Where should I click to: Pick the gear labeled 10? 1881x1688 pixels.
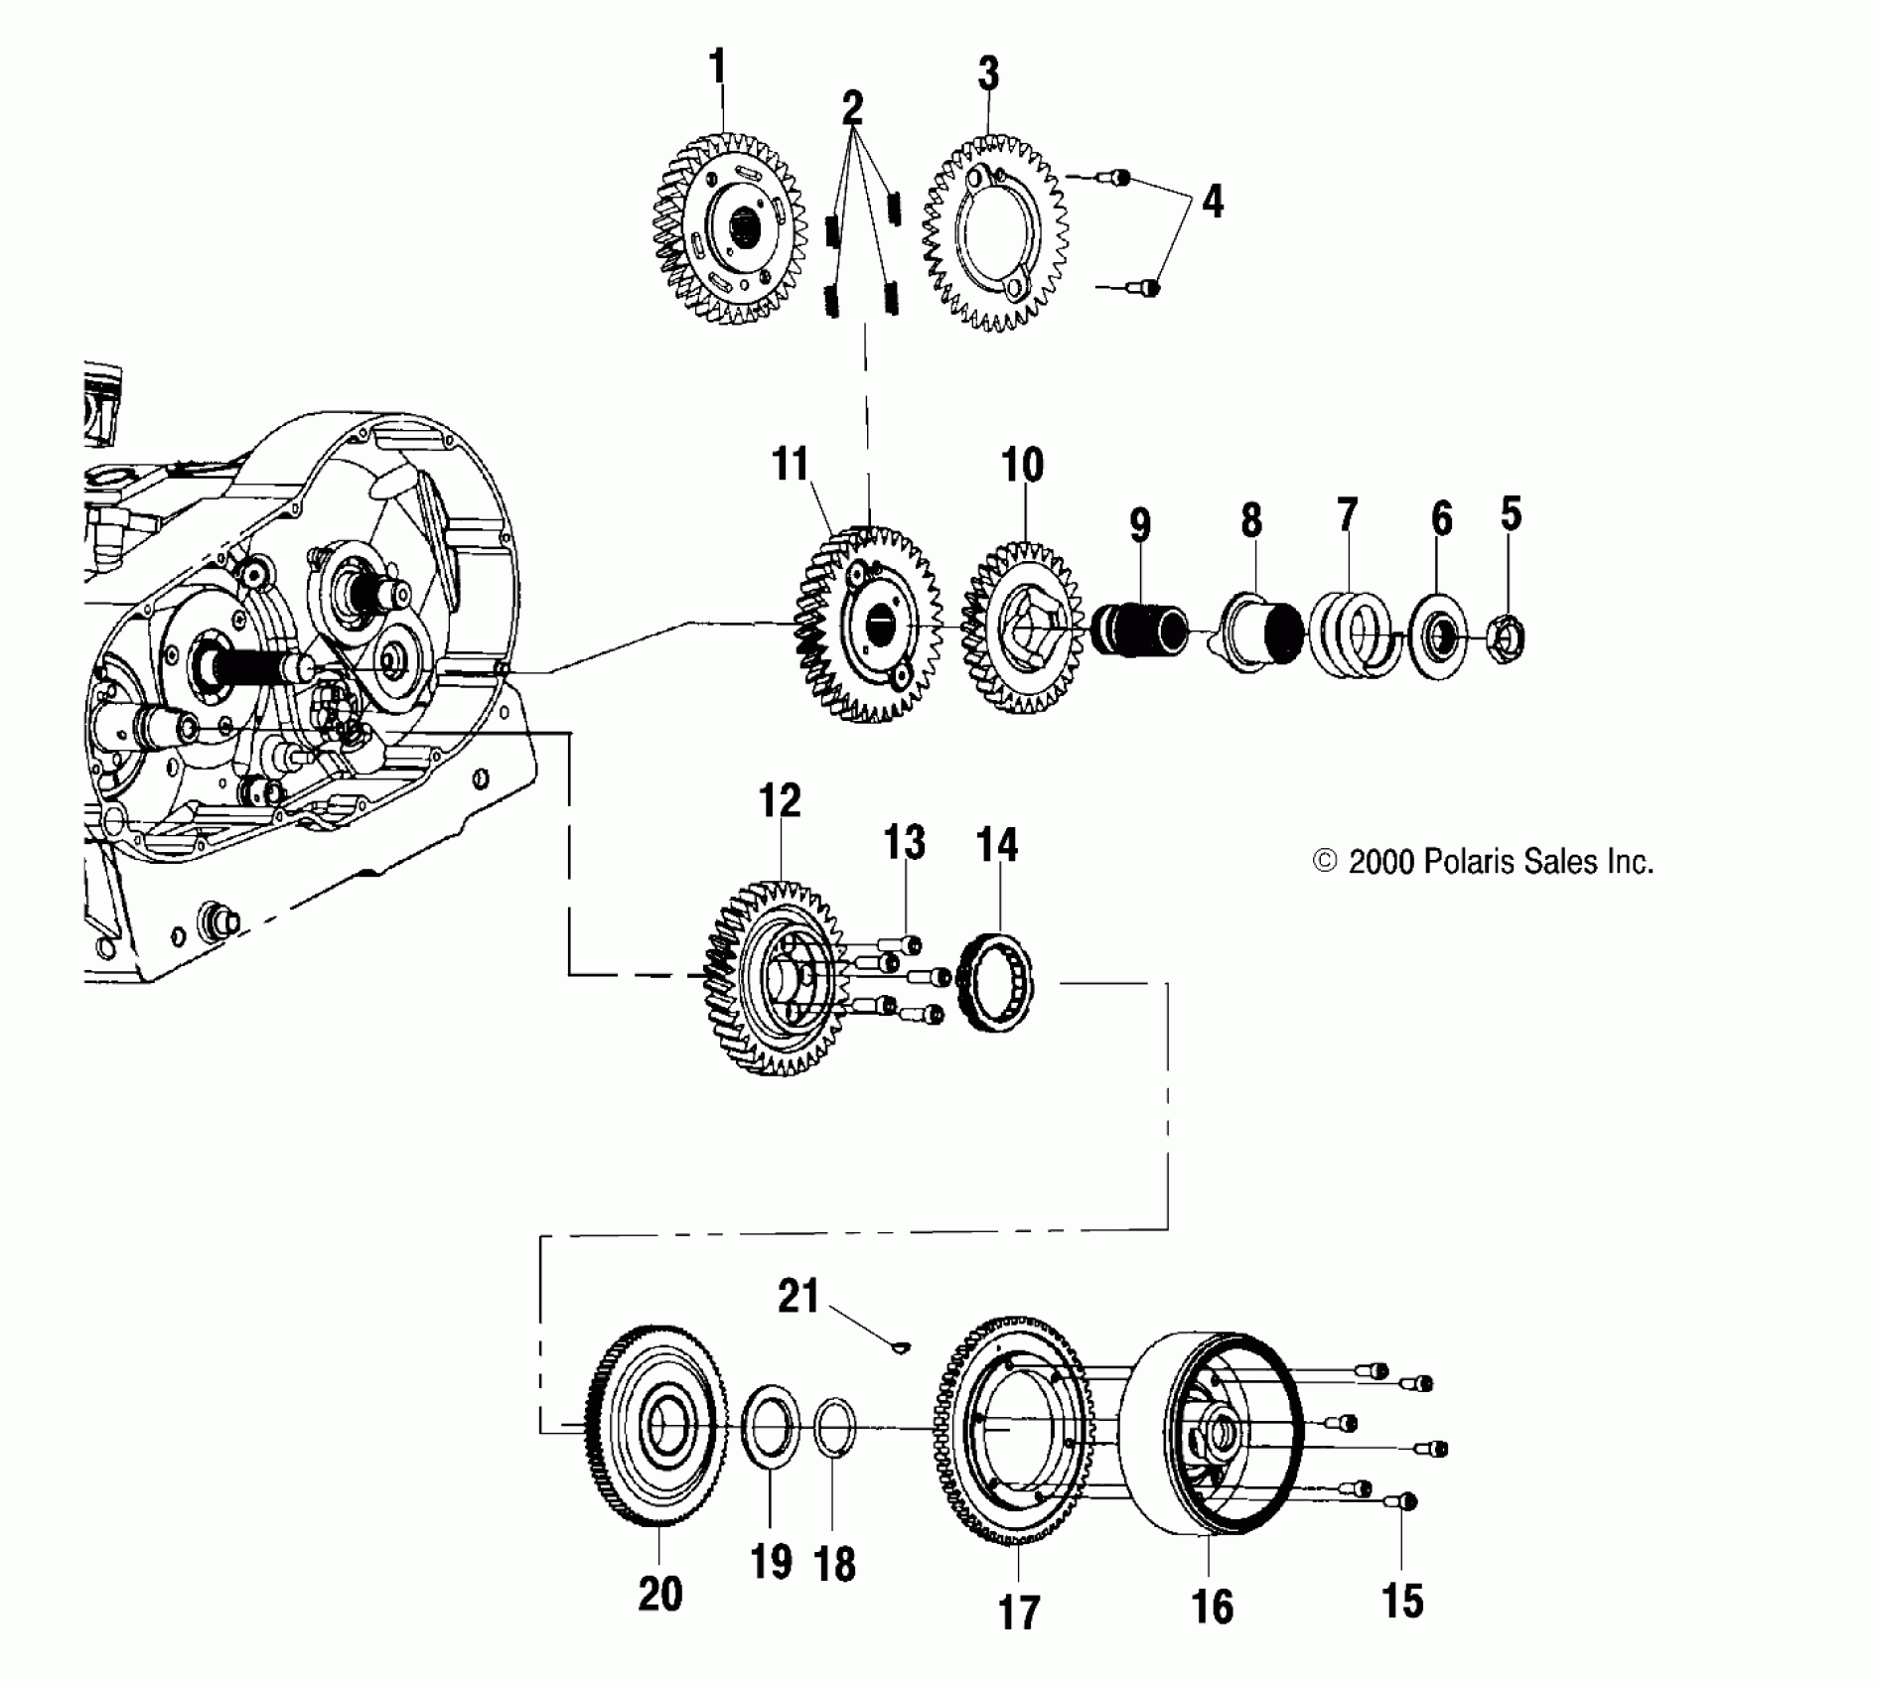click(x=1023, y=632)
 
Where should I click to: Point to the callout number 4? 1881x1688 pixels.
click(x=1212, y=202)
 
